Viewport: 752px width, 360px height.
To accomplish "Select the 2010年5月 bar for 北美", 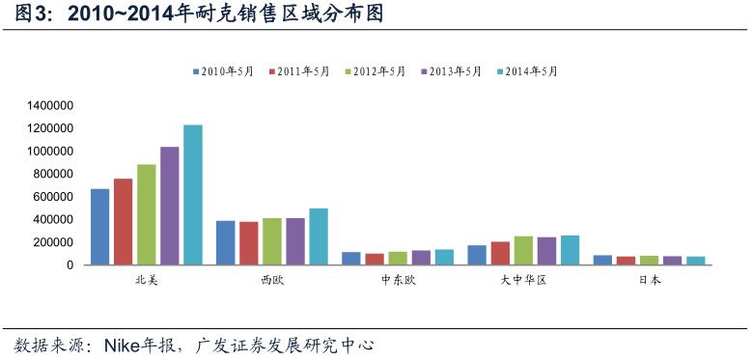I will click(99, 227).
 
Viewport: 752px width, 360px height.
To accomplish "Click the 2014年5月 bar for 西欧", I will click(319, 236).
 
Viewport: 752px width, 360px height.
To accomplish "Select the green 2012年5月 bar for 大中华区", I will click(523, 251).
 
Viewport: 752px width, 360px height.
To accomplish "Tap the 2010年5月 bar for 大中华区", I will click(477, 255).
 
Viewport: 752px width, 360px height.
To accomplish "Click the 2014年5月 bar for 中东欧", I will click(444, 258).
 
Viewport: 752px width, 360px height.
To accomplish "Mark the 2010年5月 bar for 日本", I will click(602, 260).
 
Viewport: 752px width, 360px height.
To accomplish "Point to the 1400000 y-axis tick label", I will click(51, 105).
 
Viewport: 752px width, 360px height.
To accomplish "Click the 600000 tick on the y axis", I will click(55, 197).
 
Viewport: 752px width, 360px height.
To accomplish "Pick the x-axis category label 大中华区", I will click(523, 281).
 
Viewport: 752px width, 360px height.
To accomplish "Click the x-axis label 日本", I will click(650, 281).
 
